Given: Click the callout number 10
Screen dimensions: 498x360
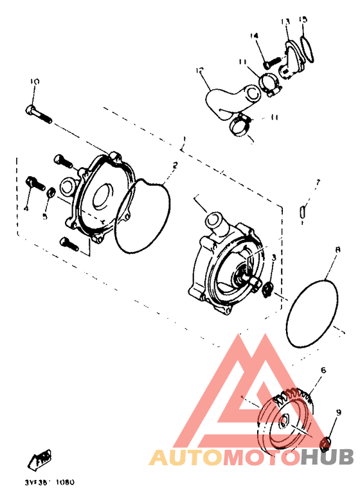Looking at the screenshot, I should [x=35, y=82].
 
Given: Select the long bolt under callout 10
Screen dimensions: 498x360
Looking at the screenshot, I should [x=38, y=114].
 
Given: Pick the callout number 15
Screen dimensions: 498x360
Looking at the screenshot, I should [x=304, y=20].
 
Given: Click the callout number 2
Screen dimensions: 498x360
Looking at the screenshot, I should [x=174, y=165].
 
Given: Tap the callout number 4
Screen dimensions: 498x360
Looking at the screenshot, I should [x=26, y=208].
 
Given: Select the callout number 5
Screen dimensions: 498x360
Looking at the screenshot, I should [x=44, y=216].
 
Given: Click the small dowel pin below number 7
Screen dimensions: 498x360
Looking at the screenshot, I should [x=305, y=210].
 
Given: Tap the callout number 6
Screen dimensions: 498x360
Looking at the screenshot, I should [x=323, y=370].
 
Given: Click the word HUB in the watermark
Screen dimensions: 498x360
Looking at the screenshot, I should [x=327, y=457].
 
